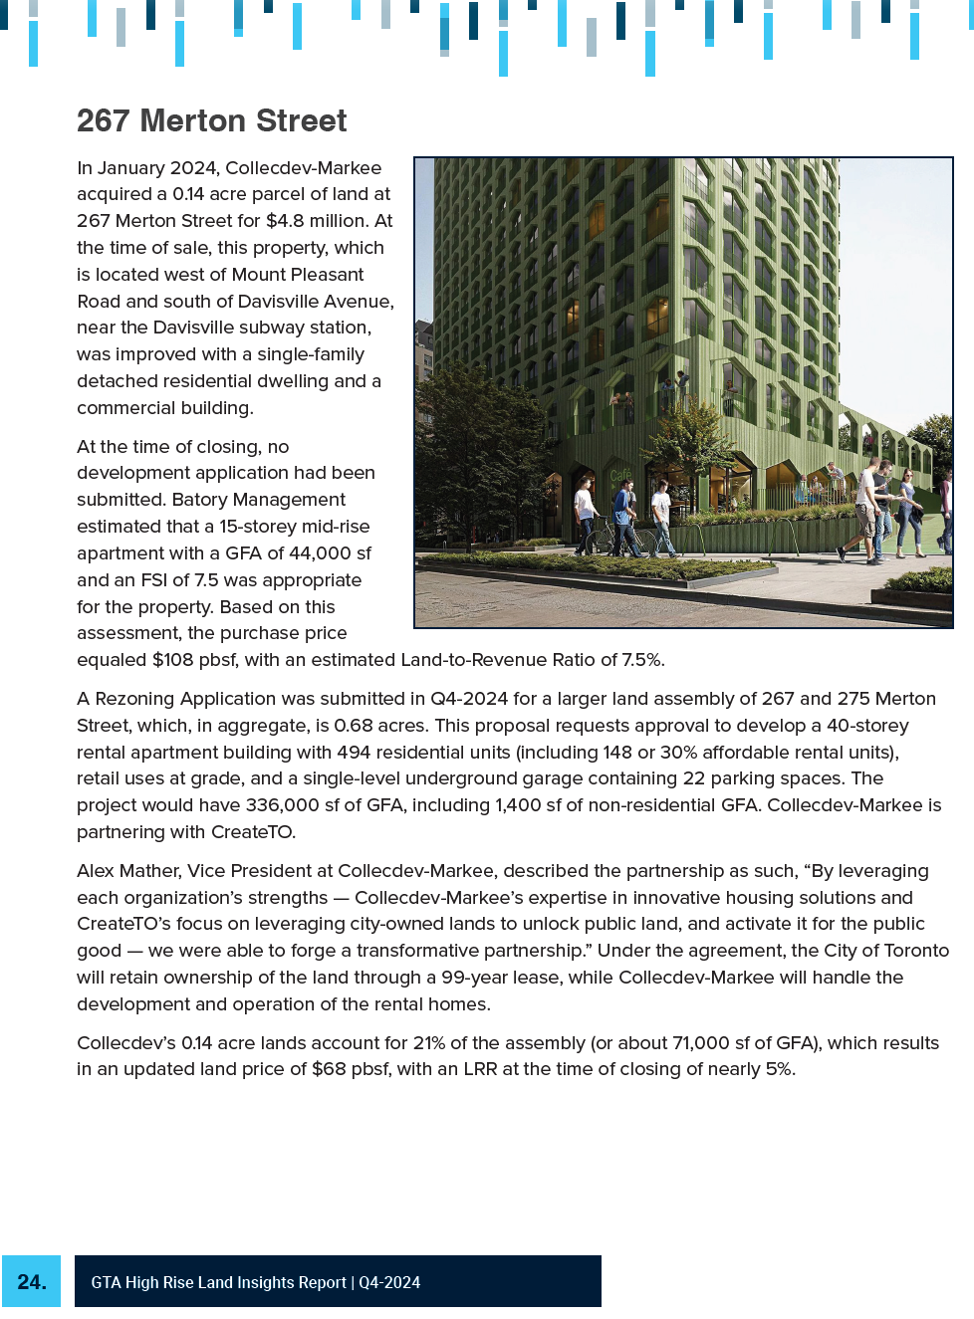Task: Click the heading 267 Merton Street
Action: pyautogui.click(x=211, y=121)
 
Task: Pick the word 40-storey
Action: pyautogui.click(x=867, y=726)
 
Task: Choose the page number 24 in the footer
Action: pyautogui.click(x=32, y=1282)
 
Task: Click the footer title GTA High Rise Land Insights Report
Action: pyautogui.click(x=218, y=1283)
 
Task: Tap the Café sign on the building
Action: pyautogui.click(x=620, y=475)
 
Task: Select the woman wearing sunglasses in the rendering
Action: pyautogui.click(x=908, y=508)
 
